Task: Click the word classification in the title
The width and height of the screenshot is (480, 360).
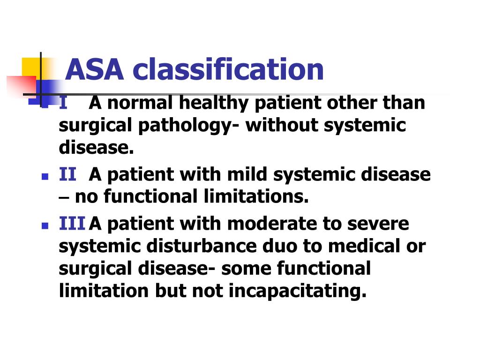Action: (x=228, y=69)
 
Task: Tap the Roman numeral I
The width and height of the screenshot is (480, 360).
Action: (x=63, y=102)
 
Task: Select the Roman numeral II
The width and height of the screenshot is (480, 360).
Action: (x=67, y=174)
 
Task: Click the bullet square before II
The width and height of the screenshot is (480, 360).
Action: (x=45, y=177)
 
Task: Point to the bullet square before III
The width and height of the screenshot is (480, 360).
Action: (x=45, y=226)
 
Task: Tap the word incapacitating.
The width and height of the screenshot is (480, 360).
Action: (x=297, y=291)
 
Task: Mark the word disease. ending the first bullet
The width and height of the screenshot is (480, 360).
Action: (x=97, y=148)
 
